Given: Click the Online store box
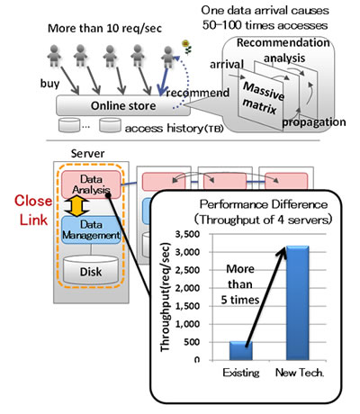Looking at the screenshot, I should [x=118, y=104].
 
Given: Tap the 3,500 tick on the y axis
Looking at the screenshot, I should [x=193, y=231].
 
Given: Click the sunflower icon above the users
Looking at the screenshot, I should [x=185, y=44].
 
